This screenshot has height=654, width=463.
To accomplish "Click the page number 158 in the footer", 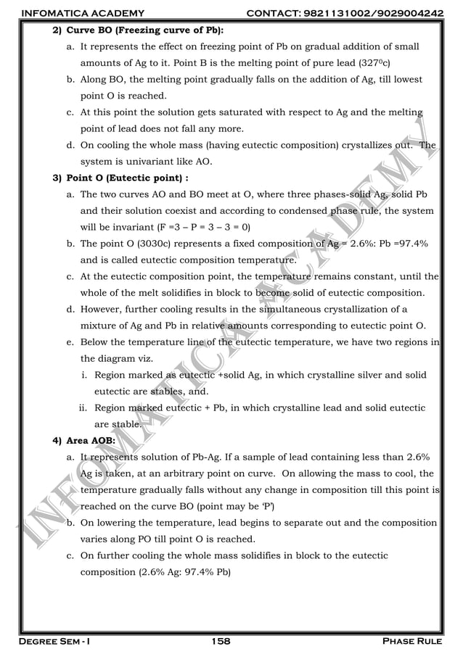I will coord(221,641).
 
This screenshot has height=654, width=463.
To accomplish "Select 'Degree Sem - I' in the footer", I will coord(51,641).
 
